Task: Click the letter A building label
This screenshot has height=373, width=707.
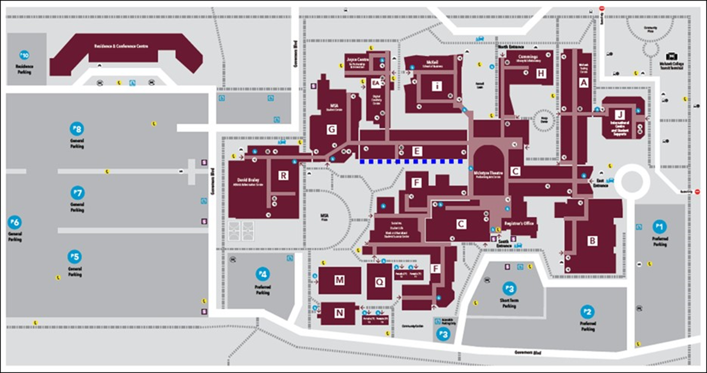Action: [x=584, y=83]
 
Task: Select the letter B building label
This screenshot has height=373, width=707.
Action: [x=592, y=241]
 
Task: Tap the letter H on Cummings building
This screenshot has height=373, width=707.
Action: [x=541, y=74]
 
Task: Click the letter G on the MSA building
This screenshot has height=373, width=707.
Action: [x=331, y=129]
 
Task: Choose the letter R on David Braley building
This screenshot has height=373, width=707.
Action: [x=283, y=175]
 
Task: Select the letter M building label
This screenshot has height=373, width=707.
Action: [x=339, y=280]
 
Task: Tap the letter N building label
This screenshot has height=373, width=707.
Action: [x=339, y=313]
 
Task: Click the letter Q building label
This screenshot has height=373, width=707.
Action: [x=380, y=281]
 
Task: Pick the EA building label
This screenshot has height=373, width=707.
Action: [x=375, y=83]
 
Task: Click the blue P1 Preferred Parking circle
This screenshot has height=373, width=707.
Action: [x=659, y=226]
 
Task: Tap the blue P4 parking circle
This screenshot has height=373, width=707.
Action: [x=262, y=274]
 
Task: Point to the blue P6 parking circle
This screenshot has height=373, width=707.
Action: [x=15, y=222]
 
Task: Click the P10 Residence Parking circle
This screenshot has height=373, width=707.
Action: [x=24, y=55]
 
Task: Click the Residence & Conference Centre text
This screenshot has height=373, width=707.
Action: [x=121, y=47]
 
